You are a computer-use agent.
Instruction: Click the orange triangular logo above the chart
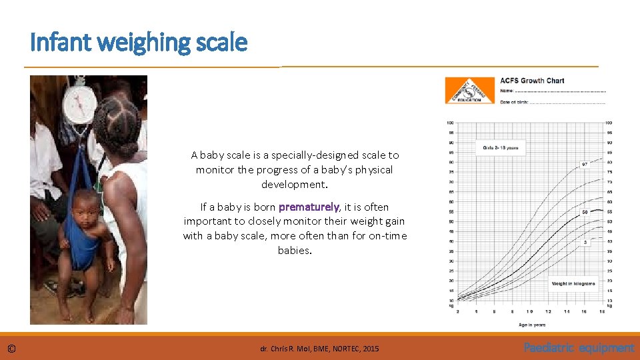coord(469,91)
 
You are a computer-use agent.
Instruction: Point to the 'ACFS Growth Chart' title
coord(532,81)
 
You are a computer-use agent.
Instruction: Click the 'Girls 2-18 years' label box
coord(500,147)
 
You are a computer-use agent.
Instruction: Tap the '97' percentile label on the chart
coord(585,164)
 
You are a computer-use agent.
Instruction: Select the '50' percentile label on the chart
coord(585,212)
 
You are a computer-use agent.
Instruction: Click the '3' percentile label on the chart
coord(585,242)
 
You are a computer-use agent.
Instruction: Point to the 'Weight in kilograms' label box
coord(573,283)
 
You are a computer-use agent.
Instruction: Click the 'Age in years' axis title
coord(531,325)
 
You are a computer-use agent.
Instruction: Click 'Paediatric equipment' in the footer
coord(579,348)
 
